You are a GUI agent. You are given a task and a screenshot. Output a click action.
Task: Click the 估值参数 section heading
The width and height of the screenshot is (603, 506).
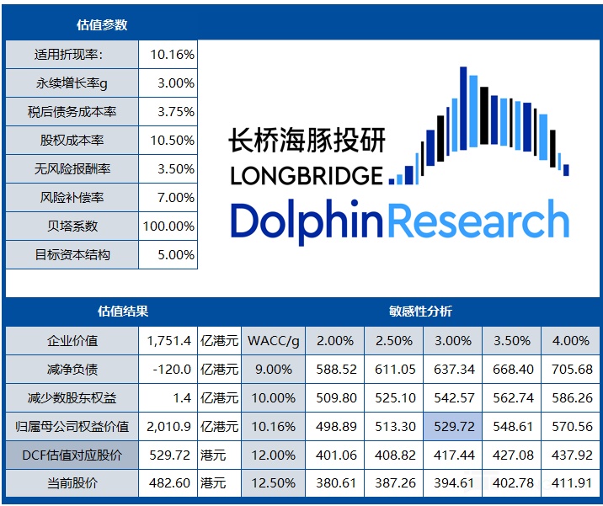(102, 25)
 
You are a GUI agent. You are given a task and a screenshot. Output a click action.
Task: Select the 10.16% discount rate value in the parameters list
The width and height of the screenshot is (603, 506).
(172, 55)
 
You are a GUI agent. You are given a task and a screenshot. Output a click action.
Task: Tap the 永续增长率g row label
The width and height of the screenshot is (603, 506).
(72, 83)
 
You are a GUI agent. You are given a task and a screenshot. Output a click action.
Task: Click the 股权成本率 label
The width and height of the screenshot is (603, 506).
(72, 141)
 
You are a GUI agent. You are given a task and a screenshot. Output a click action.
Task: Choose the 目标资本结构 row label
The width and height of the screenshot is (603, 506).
(72, 254)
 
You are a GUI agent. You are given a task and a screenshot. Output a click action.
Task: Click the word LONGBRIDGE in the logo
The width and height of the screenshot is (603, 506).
(307, 176)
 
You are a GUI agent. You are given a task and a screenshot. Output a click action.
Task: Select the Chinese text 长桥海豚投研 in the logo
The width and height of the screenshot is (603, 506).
(307, 140)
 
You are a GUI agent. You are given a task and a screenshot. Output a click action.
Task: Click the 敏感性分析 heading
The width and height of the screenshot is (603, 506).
(420, 312)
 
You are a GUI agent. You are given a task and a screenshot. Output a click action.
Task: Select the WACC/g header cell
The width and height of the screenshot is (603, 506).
(274, 341)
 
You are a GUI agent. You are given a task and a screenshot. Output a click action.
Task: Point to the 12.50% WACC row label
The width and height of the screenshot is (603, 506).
(274, 484)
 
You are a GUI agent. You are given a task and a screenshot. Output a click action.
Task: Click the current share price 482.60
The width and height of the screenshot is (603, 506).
(168, 484)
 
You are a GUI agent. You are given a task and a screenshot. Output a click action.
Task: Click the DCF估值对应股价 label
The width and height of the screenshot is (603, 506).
(72, 455)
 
